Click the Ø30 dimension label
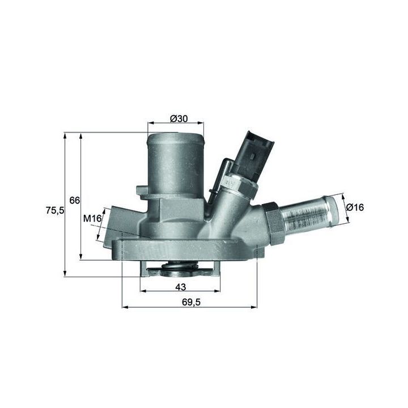pyautogui.click(x=178, y=118)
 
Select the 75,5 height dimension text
pyautogui.click(x=55, y=210)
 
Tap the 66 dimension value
pyautogui.click(x=74, y=201)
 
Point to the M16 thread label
pyautogui.click(x=92, y=219)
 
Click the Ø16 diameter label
pyautogui.click(x=355, y=207)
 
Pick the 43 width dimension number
pyautogui.click(x=181, y=287)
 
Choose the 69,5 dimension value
pyautogui.click(x=192, y=302)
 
